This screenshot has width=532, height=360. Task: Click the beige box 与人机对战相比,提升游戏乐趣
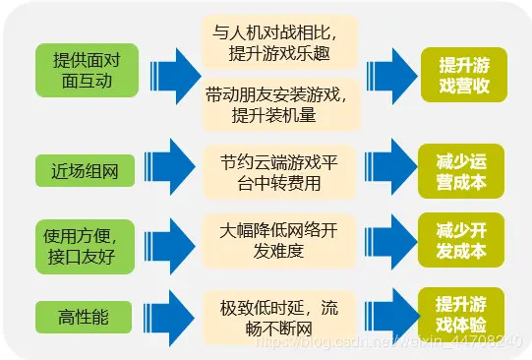pyautogui.click(x=278, y=42)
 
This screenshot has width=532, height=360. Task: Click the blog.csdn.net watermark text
pyautogui.click(x=384, y=340)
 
